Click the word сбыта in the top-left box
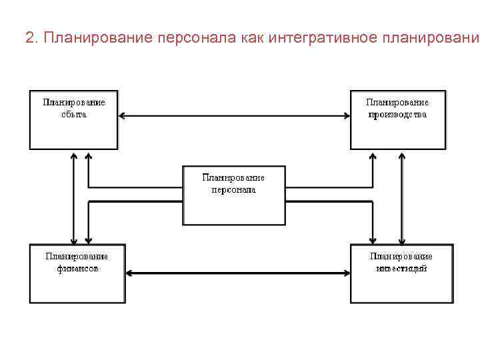(x=74, y=114)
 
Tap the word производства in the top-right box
(x=397, y=114)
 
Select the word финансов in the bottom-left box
(x=77, y=269)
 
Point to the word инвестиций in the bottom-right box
(x=401, y=269)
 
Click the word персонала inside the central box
(x=233, y=189)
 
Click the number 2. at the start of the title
(x=31, y=37)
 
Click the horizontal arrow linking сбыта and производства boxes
(x=234, y=116)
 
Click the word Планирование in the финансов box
(x=77, y=256)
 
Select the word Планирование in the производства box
(x=397, y=102)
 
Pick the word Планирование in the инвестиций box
(x=401, y=256)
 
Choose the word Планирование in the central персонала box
(x=233, y=177)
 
